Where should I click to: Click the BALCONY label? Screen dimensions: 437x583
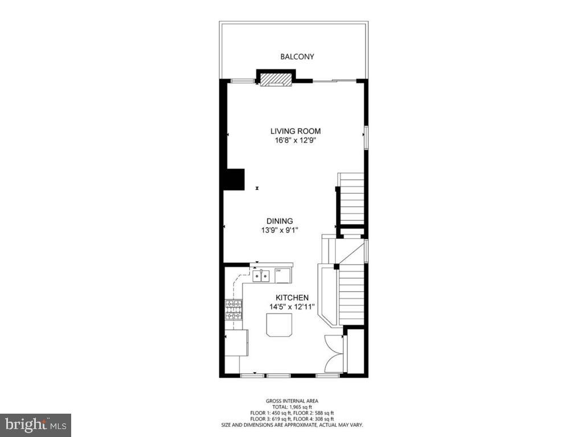click(x=297, y=57)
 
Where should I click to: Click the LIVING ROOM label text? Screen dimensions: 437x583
click(x=295, y=131)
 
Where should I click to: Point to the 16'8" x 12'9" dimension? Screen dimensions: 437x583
click(x=295, y=141)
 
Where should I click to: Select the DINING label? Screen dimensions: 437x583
click(x=280, y=221)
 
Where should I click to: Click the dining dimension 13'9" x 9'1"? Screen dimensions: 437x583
click(x=280, y=230)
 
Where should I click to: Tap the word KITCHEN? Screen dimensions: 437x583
click(x=292, y=298)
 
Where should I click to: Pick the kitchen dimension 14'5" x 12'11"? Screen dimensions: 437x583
click(x=292, y=307)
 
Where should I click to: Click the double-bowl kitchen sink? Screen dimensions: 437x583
click(x=261, y=277)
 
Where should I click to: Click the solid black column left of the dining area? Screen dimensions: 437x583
click(x=233, y=179)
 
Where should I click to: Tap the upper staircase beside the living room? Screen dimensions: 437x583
click(x=352, y=199)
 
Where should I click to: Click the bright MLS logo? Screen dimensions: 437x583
click(x=35, y=424)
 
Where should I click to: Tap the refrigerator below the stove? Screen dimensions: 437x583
click(x=236, y=343)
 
